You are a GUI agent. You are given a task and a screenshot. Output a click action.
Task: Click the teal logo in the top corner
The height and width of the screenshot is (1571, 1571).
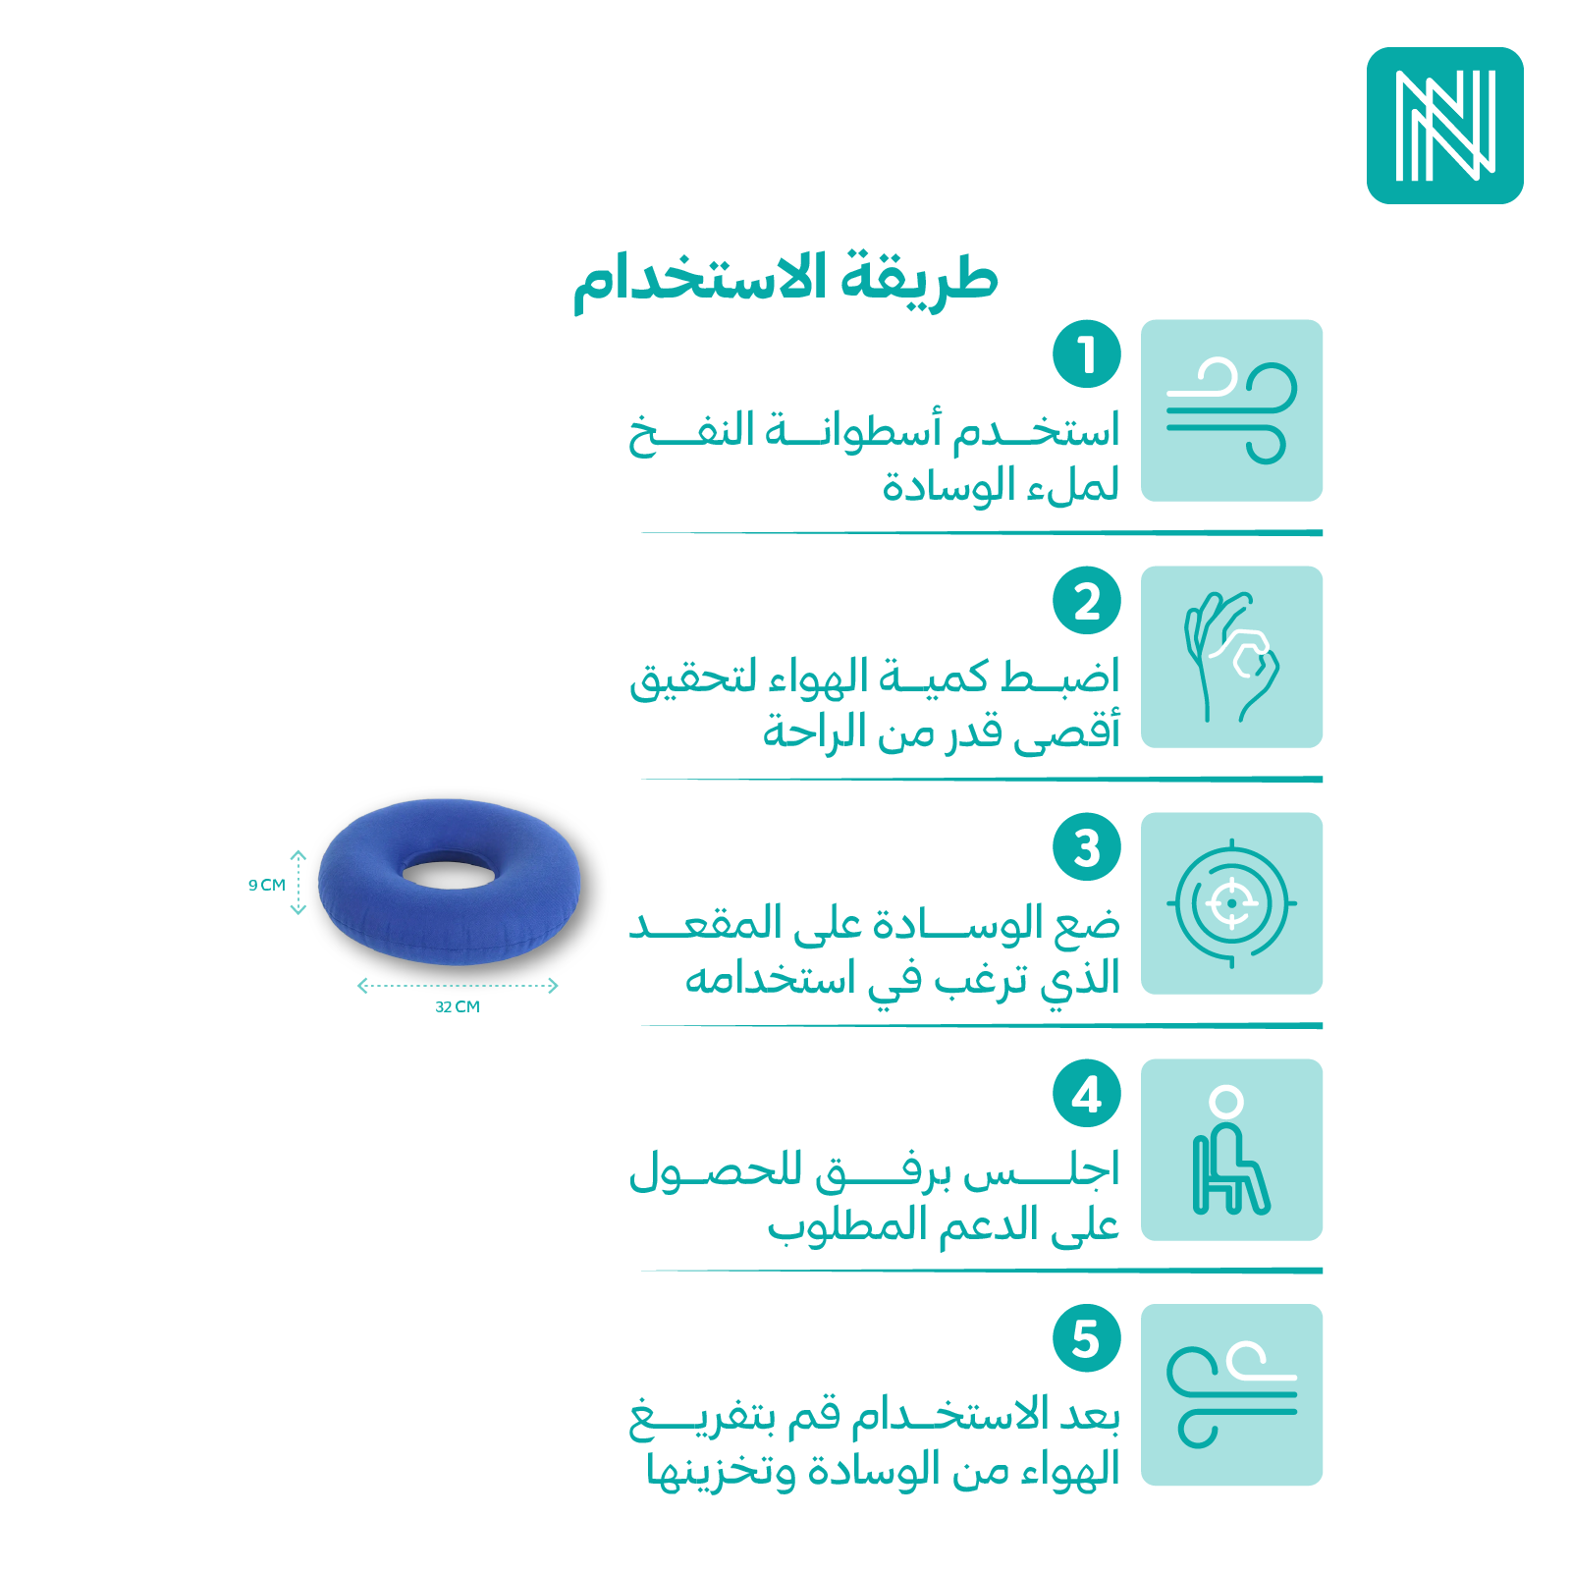pyautogui.click(x=1444, y=126)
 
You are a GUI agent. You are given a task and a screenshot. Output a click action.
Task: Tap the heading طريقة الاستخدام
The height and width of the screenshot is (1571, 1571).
pyautogui.click(x=785, y=282)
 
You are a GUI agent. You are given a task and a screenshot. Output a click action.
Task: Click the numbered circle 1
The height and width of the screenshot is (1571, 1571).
pyautogui.click(x=1087, y=353)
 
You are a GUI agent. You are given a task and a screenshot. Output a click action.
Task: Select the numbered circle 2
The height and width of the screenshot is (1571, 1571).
pyautogui.click(x=1087, y=601)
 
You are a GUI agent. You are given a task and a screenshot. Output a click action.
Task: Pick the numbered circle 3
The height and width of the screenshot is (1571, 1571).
pyautogui.click(x=1087, y=847)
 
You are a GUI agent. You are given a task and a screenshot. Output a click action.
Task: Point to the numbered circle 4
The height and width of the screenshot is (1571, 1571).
pyautogui.click(x=1087, y=1094)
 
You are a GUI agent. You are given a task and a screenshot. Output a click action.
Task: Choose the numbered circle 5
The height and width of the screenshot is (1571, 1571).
pyautogui.click(x=1087, y=1338)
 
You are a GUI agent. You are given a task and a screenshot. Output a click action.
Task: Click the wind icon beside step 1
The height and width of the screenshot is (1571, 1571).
pyautogui.click(x=1231, y=410)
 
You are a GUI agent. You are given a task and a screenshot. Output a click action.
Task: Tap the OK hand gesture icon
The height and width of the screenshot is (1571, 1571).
pyautogui.click(x=1231, y=657)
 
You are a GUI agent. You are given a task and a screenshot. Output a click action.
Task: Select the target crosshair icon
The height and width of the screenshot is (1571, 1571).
pyautogui.click(x=1231, y=903)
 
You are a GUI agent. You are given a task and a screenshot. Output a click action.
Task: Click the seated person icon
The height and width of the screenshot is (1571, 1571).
pyautogui.click(x=1231, y=1150)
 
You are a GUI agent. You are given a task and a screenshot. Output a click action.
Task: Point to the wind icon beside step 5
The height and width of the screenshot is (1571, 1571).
pyautogui.click(x=1231, y=1394)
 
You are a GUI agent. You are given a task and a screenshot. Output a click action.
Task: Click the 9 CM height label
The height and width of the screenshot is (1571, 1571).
pyautogui.click(x=267, y=885)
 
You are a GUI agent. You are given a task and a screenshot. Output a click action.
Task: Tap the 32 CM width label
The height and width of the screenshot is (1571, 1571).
pyautogui.click(x=458, y=1006)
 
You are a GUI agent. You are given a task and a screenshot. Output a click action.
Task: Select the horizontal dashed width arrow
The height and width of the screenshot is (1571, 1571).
pyautogui.click(x=458, y=985)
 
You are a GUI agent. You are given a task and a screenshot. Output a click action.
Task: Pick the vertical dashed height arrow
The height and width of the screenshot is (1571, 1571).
pyautogui.click(x=298, y=883)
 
